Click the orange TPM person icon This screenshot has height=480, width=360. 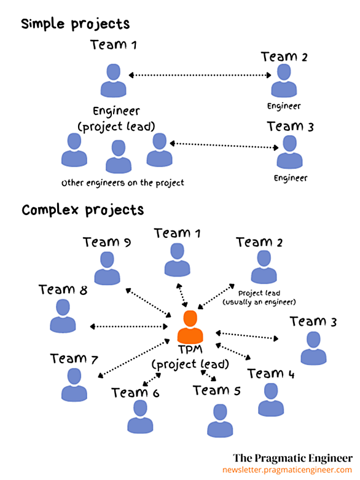click(x=190, y=326)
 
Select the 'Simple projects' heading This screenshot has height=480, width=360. click(x=75, y=24)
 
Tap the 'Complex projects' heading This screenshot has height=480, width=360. click(x=82, y=210)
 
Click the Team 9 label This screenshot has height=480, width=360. click(x=107, y=242)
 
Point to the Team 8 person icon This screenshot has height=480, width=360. click(x=63, y=316)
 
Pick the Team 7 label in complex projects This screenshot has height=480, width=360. click(x=74, y=358)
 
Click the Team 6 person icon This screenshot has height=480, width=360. click(x=140, y=417)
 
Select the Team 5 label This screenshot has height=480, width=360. click(x=216, y=390)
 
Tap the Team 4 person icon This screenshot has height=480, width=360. click(x=271, y=399)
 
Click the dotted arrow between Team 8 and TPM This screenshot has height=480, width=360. click(x=129, y=326)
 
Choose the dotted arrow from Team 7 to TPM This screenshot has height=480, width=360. click(x=134, y=358)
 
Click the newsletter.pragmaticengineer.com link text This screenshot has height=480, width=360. click(x=288, y=470)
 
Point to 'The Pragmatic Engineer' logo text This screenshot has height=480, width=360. click(x=292, y=458)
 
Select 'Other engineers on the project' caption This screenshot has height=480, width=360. click(x=123, y=183)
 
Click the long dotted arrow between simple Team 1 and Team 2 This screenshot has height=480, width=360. click(x=200, y=75)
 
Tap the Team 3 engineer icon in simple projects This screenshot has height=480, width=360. click(x=289, y=152)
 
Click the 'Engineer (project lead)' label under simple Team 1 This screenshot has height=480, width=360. click(x=116, y=119)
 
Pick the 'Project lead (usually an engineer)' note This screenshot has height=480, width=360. click(x=259, y=297)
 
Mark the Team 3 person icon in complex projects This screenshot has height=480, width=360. click(x=313, y=348)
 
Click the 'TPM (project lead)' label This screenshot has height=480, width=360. click(x=190, y=357)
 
